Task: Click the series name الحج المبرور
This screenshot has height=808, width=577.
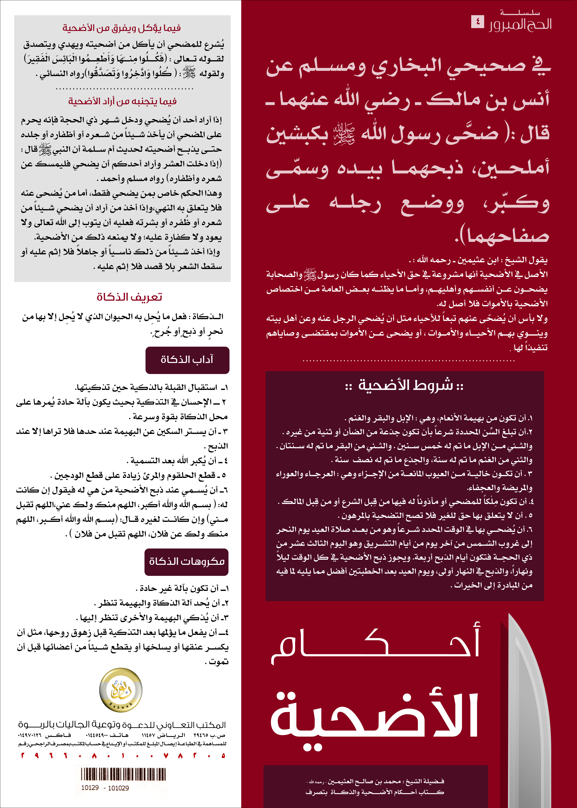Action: (x=521, y=24)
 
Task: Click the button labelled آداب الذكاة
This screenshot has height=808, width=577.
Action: (x=187, y=360)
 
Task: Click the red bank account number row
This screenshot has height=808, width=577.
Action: (x=123, y=756)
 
